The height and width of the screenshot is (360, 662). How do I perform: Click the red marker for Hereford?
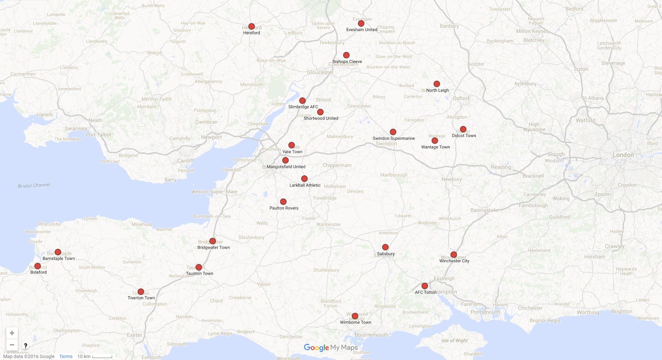[252, 26]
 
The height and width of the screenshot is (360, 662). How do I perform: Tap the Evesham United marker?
[361, 24]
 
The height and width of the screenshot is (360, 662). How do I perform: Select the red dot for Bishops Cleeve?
[346, 55]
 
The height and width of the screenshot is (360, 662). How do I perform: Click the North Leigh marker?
[437, 84]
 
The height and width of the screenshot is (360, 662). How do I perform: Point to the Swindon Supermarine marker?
[393, 132]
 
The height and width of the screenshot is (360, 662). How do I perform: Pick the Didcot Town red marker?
[463, 129]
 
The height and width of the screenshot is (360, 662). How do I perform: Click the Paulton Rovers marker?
[283, 202]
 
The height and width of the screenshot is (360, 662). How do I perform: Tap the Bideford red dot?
[38, 266]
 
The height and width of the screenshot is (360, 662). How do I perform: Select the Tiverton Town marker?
[141, 292]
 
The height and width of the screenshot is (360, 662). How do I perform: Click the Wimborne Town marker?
[355, 316]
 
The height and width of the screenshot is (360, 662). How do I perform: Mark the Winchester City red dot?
[454, 254]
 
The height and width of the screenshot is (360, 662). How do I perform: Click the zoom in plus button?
[12, 333]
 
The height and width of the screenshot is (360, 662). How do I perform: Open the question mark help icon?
[26, 346]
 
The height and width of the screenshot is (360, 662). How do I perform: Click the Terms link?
[66, 356]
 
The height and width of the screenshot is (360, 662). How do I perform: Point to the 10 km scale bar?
[102, 357]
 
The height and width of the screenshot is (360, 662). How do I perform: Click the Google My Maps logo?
[331, 348]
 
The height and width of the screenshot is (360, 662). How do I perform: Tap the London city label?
[623, 155]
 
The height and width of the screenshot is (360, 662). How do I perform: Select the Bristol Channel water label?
[34, 185]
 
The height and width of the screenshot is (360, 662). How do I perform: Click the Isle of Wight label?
[454, 341]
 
